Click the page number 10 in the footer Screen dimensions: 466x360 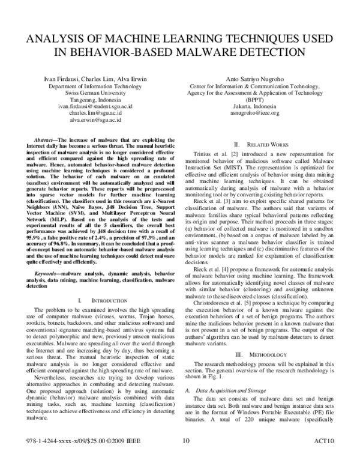pyautogui.click(x=185, y=458)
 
